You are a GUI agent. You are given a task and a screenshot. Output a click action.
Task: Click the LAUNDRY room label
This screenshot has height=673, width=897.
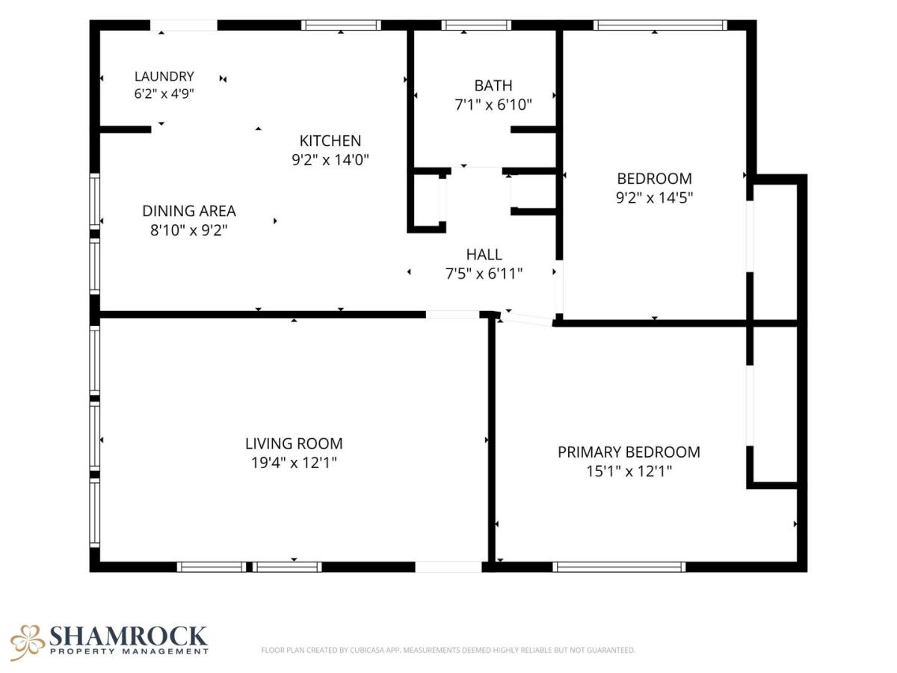pos(164,76)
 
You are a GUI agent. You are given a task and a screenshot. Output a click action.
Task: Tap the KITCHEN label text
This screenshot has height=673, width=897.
pos(330,141)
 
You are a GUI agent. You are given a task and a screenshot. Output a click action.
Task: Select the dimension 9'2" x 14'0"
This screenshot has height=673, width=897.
pos(330,159)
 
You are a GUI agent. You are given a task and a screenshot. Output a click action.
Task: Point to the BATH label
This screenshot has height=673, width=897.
pos(493,85)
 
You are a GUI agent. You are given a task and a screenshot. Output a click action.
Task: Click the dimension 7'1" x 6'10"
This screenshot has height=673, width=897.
pos(493,105)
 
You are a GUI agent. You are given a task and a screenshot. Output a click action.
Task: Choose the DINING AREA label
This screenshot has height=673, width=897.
pos(189,211)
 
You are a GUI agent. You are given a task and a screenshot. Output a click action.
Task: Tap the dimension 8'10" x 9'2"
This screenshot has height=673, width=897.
pos(189,230)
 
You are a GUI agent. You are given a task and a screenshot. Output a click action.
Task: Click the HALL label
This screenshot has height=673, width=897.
pos(484,254)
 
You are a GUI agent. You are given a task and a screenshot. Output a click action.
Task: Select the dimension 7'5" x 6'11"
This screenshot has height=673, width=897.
pos(484,274)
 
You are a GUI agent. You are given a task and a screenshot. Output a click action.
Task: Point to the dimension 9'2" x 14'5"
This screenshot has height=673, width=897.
pos(654,197)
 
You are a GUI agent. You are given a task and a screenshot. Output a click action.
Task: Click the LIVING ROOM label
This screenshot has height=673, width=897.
pos(294,443)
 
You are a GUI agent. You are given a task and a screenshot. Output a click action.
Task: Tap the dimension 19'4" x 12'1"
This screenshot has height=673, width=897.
pos(294,463)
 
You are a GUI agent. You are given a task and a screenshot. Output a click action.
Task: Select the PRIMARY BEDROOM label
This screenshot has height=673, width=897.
pos(629,452)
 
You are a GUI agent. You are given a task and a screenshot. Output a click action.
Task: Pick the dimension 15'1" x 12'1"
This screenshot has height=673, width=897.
pos(629,471)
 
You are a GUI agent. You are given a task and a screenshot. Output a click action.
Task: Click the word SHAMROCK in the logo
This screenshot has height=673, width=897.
pos(129,636)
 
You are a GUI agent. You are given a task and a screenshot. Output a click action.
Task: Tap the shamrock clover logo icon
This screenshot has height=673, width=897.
pos(27,642)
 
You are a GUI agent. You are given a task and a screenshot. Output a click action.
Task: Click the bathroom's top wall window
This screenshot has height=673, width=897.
pos(476,25)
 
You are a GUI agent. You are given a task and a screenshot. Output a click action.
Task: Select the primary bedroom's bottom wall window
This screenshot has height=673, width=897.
pos(619,567)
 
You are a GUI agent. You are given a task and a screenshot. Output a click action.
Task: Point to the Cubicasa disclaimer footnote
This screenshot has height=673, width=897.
pos(448,650)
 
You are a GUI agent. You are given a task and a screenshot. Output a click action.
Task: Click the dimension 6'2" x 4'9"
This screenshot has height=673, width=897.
pos(164,93)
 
